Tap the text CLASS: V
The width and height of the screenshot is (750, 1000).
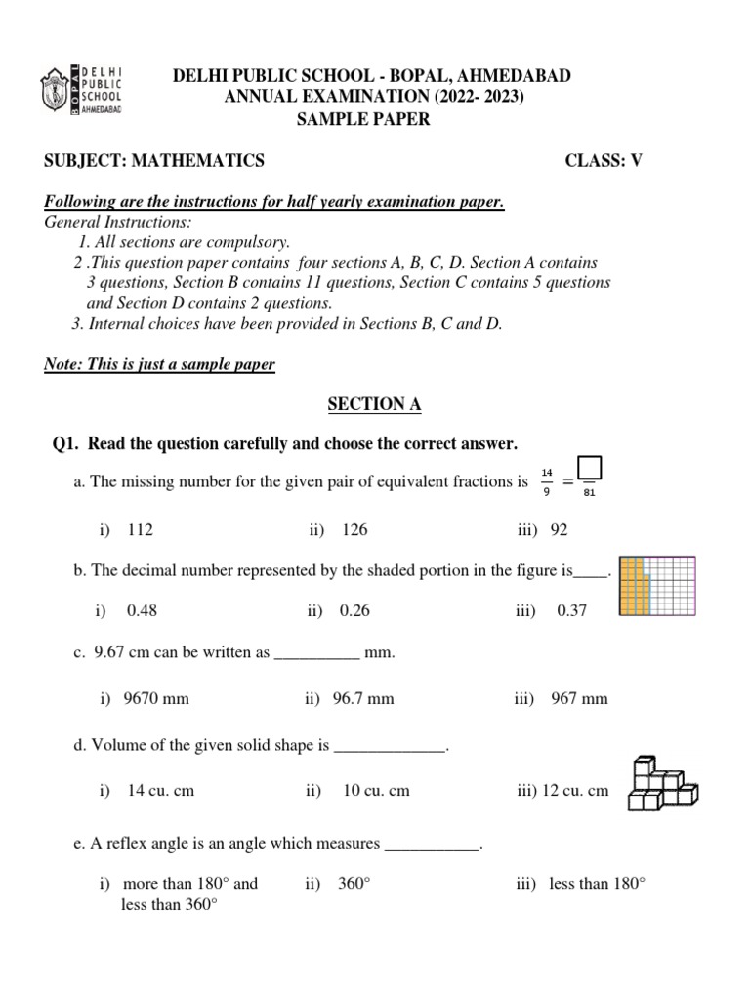click(x=604, y=161)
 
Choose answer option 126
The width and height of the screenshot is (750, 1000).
click(x=354, y=529)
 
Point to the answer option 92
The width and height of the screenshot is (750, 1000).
click(x=558, y=529)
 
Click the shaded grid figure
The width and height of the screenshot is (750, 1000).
click(x=657, y=586)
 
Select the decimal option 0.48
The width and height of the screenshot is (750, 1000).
click(x=142, y=610)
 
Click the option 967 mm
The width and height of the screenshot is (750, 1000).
click(x=579, y=698)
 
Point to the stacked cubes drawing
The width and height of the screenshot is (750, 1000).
click(x=661, y=783)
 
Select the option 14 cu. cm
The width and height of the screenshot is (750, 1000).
click(x=160, y=790)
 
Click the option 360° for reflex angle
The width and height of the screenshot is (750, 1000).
click(x=354, y=883)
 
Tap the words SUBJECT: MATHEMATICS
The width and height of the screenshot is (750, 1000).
click(x=154, y=161)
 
